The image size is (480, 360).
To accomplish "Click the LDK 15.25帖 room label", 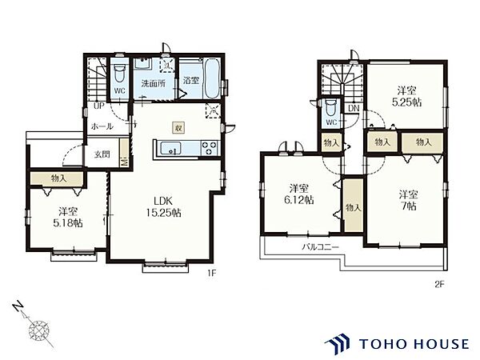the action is pyautogui.click(x=163, y=206).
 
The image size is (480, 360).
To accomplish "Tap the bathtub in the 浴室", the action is pyautogui.click(x=211, y=78).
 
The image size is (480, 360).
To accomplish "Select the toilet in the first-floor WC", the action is pyautogui.click(x=119, y=73).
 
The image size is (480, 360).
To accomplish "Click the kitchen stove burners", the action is pyautogui.click(x=209, y=148).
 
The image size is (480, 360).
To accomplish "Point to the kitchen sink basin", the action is pyautogui.click(x=170, y=148).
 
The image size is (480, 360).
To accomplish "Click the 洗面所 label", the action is pyautogui.click(x=154, y=83).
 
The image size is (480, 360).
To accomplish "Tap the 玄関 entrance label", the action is pyautogui.click(x=102, y=154).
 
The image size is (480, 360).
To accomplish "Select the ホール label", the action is pyautogui.click(x=102, y=126).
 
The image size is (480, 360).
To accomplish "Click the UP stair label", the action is pyautogui.click(x=99, y=106).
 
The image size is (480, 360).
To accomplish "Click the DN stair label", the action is pyautogui.click(x=354, y=108).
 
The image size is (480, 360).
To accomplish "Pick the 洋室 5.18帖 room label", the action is pyautogui.click(x=68, y=217).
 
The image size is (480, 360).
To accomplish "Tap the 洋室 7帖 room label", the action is pyautogui.click(x=409, y=200).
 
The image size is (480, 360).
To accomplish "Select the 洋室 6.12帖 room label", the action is pyautogui.click(x=298, y=194).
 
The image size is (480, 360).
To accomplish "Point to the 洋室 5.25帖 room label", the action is pyautogui.click(x=407, y=96).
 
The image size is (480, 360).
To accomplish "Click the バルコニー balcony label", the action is pyautogui.click(x=320, y=246).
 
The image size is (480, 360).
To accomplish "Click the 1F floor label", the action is pyautogui.click(x=212, y=273).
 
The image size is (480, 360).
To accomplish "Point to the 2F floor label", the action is pyautogui.click(x=439, y=284).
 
